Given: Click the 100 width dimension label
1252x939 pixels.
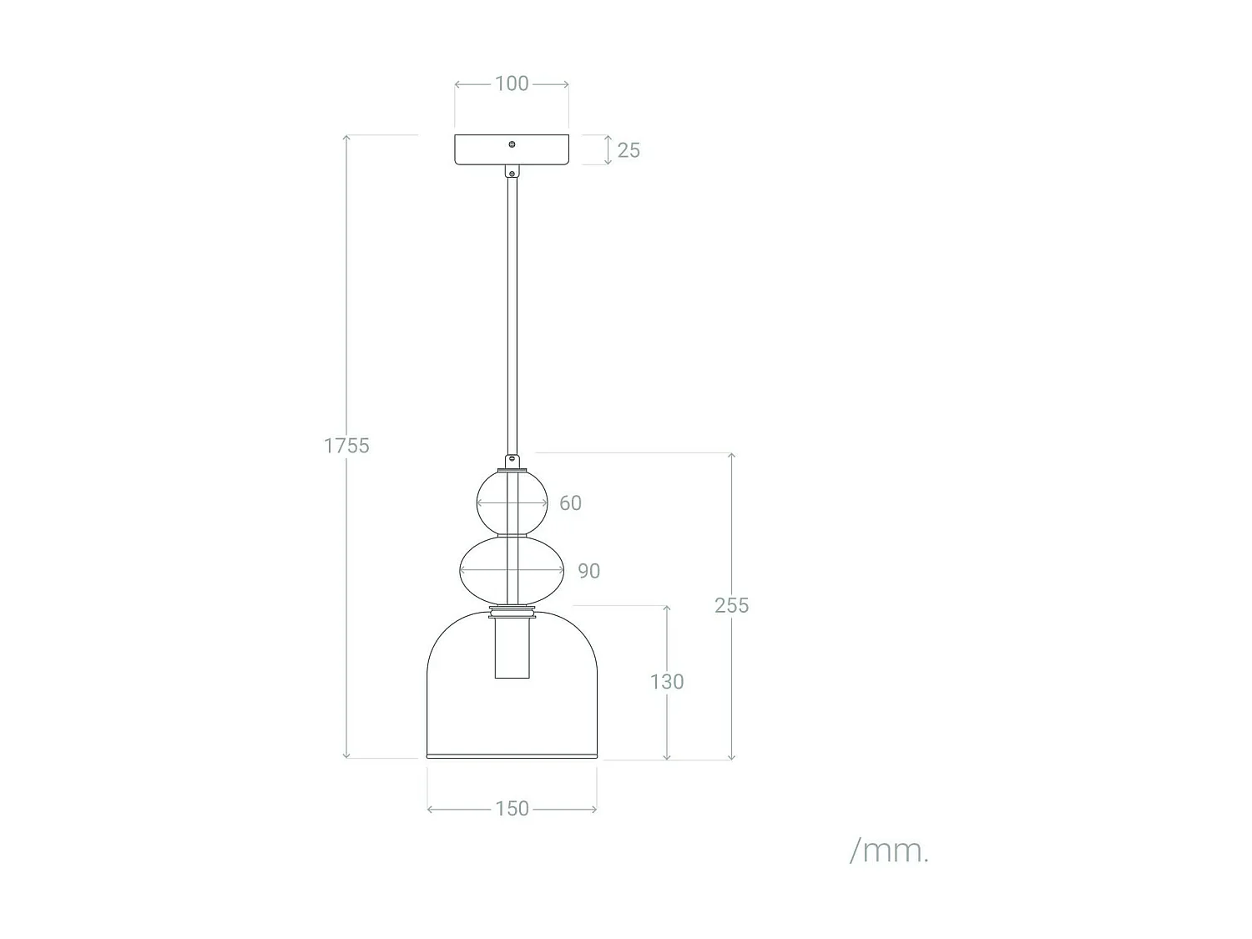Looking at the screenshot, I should (512, 83).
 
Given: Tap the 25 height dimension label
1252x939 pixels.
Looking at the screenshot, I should (629, 150).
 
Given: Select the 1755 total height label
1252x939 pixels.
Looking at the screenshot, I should (346, 446).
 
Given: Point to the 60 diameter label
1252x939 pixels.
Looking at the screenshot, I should (570, 503).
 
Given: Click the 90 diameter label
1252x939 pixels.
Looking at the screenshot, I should (588, 571).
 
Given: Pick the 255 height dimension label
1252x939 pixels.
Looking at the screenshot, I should (731, 606).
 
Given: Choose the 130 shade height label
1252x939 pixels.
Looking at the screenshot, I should (667, 682).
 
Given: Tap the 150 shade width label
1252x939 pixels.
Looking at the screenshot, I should (512, 809).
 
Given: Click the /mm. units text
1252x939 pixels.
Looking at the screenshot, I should (889, 851).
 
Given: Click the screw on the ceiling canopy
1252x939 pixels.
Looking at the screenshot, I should (512, 144).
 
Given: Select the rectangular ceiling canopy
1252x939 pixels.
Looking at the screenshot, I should (484, 150).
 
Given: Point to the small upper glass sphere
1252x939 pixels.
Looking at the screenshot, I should (492, 503).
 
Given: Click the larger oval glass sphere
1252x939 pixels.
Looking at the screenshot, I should (484, 571).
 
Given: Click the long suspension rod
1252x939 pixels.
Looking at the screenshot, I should (512, 317).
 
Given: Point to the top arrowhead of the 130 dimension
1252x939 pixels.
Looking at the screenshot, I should (667, 609).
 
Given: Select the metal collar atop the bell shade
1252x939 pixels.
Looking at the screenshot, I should (512, 613).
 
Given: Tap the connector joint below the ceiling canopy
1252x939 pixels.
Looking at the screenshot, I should (512, 172).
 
